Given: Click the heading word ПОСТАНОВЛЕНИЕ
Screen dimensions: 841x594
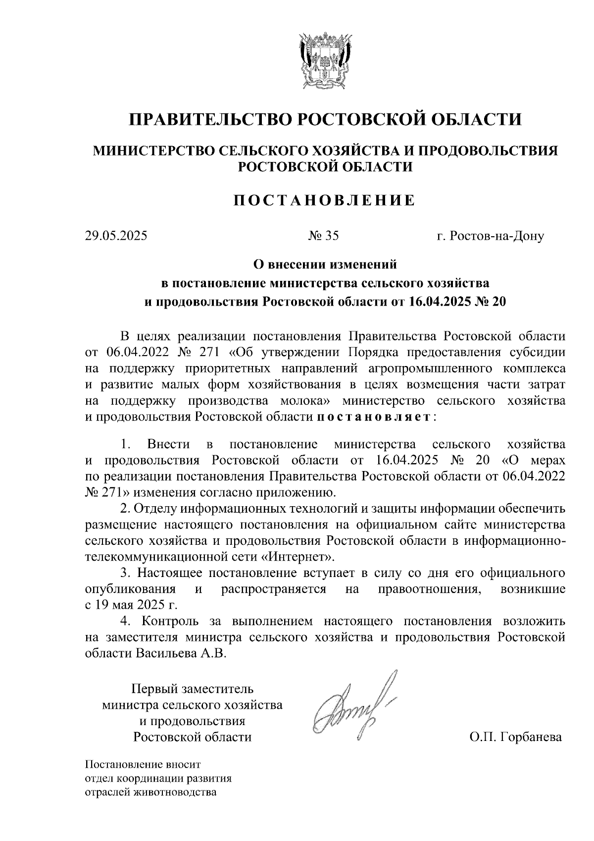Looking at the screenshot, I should pyautogui.click(x=324, y=200).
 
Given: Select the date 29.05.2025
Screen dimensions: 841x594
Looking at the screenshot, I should pyautogui.click(x=116, y=236).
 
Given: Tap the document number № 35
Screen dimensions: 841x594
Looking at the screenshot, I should pyautogui.click(x=324, y=236).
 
